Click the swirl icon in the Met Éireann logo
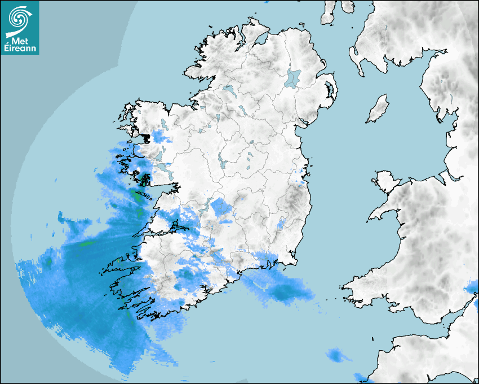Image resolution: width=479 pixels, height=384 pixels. click(20, 18)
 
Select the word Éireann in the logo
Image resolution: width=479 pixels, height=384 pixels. click(20, 49)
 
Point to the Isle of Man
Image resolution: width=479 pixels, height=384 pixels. click(378, 109)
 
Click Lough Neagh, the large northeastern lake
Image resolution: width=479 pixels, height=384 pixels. click(293, 78)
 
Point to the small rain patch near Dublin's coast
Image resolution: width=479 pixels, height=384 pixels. click(302, 182)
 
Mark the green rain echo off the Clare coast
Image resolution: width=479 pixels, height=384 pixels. click(136, 197)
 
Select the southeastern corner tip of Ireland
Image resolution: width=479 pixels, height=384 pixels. click(292, 262)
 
